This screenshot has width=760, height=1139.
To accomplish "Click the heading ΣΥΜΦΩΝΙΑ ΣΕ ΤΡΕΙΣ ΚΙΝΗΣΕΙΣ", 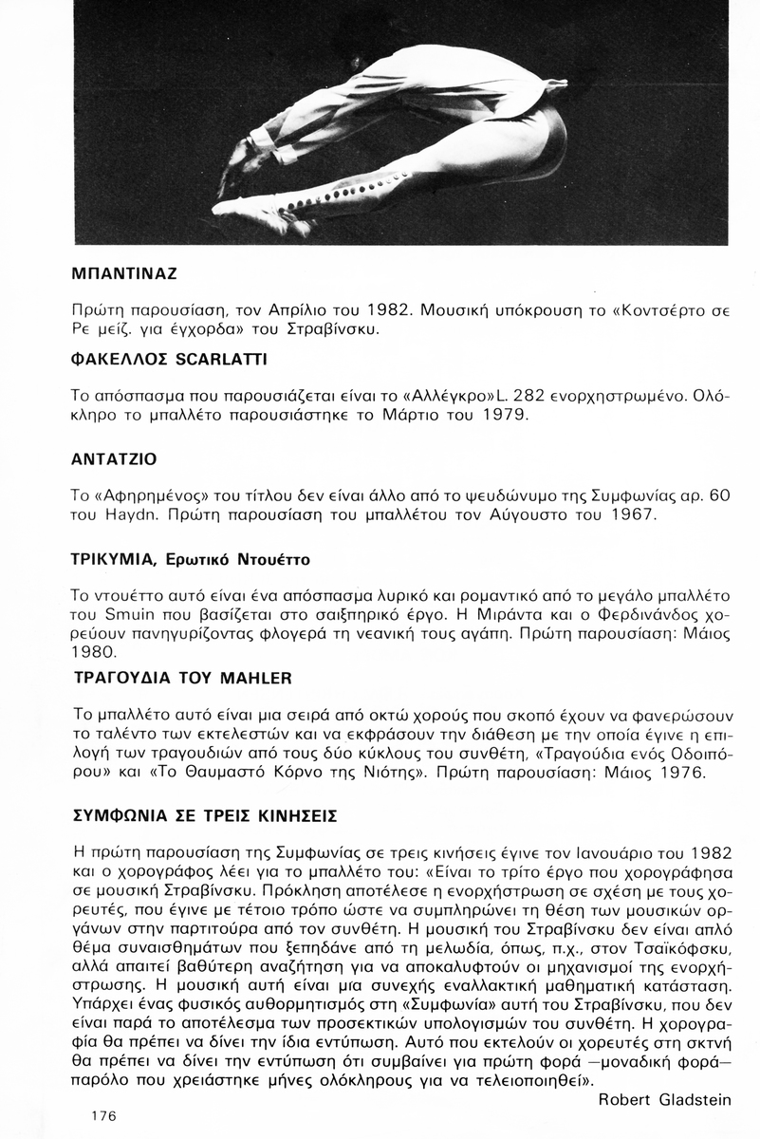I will coord(205,816).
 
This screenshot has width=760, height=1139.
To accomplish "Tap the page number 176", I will coord(103,1115).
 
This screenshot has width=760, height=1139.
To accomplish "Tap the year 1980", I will coord(95,653).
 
